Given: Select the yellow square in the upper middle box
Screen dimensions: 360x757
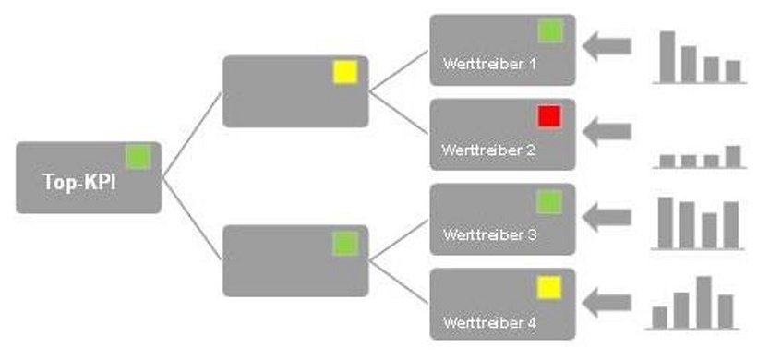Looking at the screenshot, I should (x=344, y=72).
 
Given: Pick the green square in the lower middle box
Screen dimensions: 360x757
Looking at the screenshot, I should (x=344, y=244).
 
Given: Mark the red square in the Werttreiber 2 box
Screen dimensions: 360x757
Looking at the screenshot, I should (x=549, y=115).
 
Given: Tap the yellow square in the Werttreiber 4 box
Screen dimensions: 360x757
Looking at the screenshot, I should (x=549, y=288).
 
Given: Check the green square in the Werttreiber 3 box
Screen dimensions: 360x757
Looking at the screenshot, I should (x=549, y=201).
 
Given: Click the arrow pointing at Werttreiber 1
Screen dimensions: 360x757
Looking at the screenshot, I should (x=607, y=45).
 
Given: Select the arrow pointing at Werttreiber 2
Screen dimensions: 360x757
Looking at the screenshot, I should (x=607, y=131).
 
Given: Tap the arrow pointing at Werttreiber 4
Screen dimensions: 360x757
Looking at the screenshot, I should (x=607, y=302).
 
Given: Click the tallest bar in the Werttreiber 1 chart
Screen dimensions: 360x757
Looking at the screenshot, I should (x=667, y=57).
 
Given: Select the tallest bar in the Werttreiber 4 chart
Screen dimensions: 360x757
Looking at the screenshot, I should (x=703, y=302).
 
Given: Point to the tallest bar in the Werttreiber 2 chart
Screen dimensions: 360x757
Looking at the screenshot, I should (x=733, y=156).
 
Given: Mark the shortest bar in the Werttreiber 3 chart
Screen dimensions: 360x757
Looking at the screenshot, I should (x=709, y=230).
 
